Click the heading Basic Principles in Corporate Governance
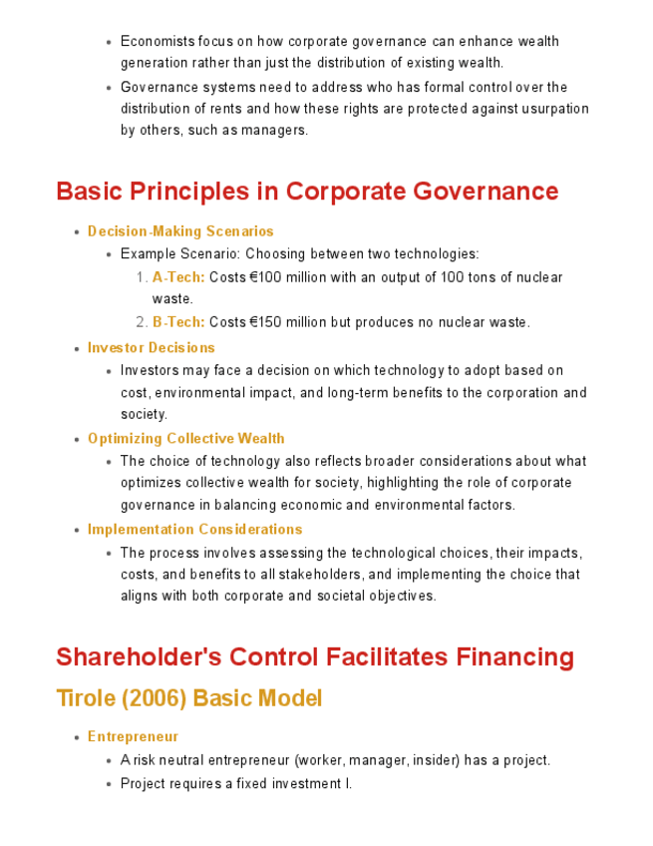pyautogui.click(x=307, y=191)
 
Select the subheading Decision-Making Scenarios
pyautogui.click(x=180, y=231)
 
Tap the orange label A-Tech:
pyautogui.click(x=178, y=277)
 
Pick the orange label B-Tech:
pyautogui.click(x=178, y=322)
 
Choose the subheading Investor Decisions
pyautogui.click(x=152, y=348)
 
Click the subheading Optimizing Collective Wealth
pyautogui.click(x=186, y=439)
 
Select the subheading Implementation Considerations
pyautogui.click(x=195, y=530)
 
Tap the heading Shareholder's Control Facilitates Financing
pyautogui.click(x=315, y=657)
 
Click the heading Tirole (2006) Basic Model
pyautogui.click(x=189, y=698)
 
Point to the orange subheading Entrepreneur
pyautogui.click(x=134, y=737)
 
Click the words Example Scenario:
pyautogui.click(x=180, y=254)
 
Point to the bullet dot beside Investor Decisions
pyautogui.click(x=77, y=349)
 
